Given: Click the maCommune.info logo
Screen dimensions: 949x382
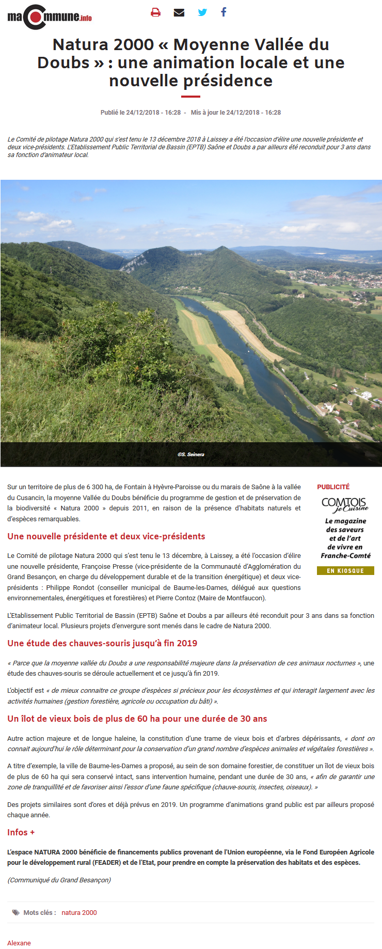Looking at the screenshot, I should [x=50, y=17].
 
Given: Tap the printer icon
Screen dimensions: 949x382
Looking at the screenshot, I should [x=155, y=12].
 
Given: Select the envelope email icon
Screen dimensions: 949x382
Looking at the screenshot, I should [x=179, y=12].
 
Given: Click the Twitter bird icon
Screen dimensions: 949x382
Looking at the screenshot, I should [x=202, y=12].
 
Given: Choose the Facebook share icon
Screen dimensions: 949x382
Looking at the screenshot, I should [x=224, y=12].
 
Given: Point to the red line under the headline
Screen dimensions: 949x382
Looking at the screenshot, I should [x=190, y=96].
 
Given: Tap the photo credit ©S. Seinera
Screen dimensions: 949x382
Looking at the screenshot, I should [x=191, y=455].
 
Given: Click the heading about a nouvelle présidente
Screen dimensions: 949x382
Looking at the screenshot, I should [x=106, y=536].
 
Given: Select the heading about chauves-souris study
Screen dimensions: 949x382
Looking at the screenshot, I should [x=102, y=643].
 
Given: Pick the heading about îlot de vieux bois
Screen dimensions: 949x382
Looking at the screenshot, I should [x=137, y=719].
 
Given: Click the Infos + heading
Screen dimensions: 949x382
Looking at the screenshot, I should [x=21, y=832].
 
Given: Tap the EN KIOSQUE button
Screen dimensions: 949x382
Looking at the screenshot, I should [x=345, y=571].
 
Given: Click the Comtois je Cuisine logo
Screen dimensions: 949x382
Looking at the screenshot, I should [x=345, y=504].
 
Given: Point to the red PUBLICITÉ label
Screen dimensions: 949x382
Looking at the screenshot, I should [x=333, y=487].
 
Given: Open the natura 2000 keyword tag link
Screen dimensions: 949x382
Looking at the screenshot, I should [x=79, y=913].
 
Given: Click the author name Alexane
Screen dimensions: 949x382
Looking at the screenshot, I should [x=19, y=943].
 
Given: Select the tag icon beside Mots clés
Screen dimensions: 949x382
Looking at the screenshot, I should [x=16, y=913].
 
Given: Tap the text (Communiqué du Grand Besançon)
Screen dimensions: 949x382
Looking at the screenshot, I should [x=59, y=880].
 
